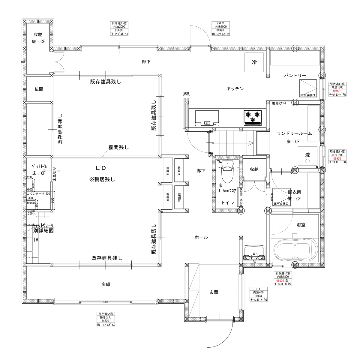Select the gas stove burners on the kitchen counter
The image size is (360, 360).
253,117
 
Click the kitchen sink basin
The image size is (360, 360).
207,118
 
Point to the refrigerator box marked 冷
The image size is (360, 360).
254,62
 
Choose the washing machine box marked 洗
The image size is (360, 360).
307,156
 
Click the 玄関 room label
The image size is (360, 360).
214,292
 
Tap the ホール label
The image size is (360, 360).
201,237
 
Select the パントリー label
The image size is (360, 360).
295,76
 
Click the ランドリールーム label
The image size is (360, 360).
294,133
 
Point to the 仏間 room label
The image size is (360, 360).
39,89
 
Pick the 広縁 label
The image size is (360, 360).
106,284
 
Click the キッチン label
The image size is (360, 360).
235,88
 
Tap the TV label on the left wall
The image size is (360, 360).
36,240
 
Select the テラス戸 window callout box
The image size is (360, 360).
221,28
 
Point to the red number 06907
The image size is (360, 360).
337,91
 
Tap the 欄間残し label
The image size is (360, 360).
118,147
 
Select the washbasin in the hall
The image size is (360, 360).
254,253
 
